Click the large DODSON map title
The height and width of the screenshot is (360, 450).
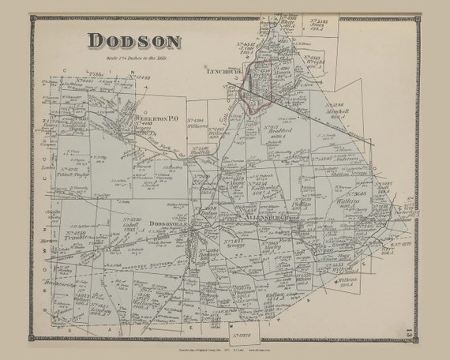coord(133,40)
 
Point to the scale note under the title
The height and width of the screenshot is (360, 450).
coord(133,56)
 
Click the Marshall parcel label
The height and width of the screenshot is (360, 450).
coord(337,109)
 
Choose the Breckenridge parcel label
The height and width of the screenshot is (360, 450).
coord(62,283)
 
